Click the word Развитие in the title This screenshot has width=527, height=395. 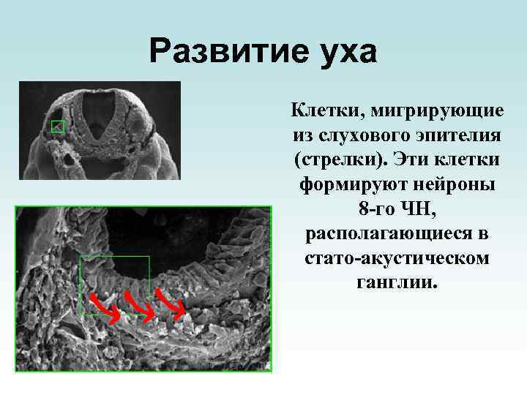(x=220, y=52)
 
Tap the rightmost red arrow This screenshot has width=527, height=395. (x=173, y=306)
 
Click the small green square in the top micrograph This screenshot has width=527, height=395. (x=57, y=127)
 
